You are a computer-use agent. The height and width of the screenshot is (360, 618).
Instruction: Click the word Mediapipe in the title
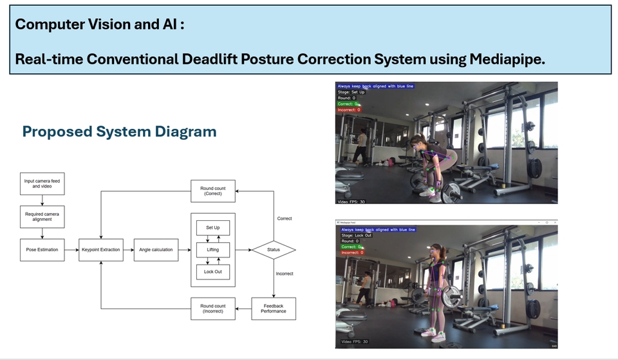pyautogui.click(x=507, y=59)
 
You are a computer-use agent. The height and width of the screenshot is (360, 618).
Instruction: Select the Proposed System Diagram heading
pyautogui.click(x=119, y=132)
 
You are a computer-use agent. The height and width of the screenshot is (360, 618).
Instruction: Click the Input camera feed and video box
pyautogui.click(x=42, y=185)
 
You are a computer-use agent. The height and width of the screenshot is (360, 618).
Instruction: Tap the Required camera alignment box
pyautogui.click(x=42, y=218)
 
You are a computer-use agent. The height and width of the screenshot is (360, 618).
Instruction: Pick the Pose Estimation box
pyautogui.click(x=42, y=250)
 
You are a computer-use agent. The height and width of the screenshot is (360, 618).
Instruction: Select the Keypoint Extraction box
pyautogui.click(x=101, y=250)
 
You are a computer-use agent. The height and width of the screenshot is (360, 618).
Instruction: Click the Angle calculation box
pyautogui.click(x=157, y=250)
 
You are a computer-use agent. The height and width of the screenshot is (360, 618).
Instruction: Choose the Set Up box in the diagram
pyautogui.click(x=213, y=228)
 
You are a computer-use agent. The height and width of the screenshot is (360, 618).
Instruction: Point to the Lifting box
pyautogui.click(x=213, y=249)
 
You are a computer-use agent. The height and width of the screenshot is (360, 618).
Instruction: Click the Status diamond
pyautogui.click(x=272, y=250)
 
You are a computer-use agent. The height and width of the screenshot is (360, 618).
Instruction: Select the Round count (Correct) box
pyautogui.click(x=213, y=190)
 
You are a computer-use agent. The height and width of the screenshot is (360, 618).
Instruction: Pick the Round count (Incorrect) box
pyautogui.click(x=213, y=308)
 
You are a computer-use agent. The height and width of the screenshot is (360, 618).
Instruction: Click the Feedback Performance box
pyautogui.click(x=272, y=308)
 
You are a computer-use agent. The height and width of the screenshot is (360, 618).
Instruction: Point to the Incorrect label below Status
pyautogui.click(x=284, y=274)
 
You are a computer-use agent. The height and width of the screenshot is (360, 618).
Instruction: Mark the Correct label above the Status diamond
pyautogui.click(x=284, y=218)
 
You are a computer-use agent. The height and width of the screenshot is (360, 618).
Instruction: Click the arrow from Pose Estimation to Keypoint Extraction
pyautogui.click(x=71, y=250)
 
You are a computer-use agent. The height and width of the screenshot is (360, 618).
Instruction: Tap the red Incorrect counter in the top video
pyautogui.click(x=348, y=110)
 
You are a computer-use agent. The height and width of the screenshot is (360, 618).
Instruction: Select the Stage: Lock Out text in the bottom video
pyautogui.click(x=356, y=235)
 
